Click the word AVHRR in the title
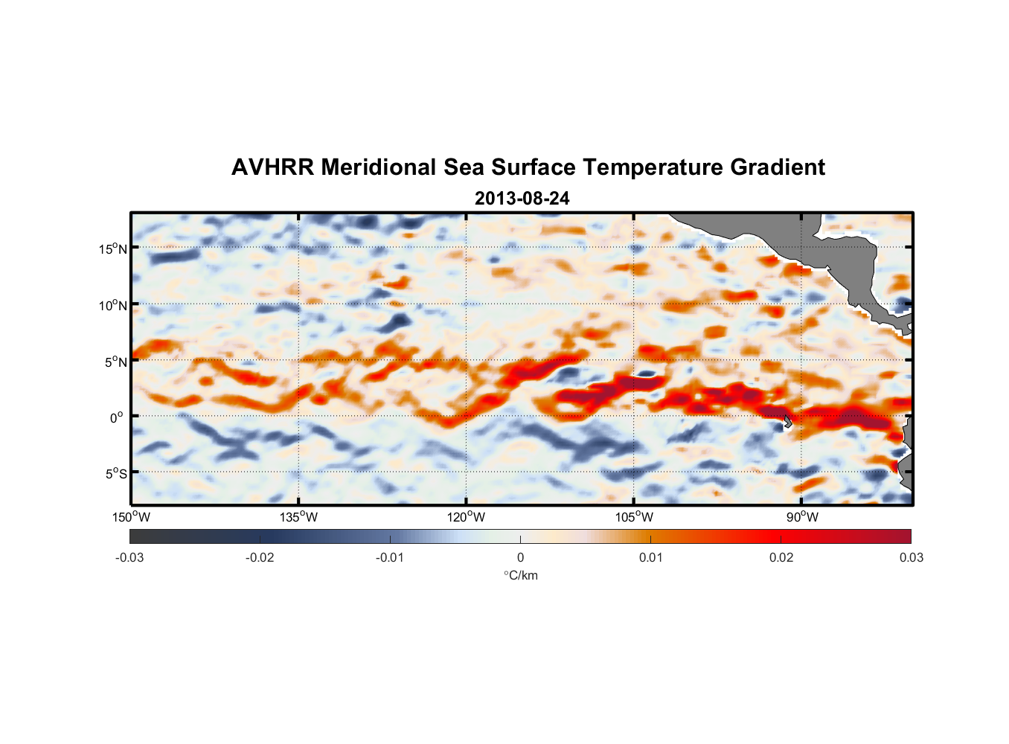[272, 167]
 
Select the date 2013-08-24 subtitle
[522, 199]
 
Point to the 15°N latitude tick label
[113, 248]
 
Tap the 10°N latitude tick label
[113, 305]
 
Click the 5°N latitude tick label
[115, 362]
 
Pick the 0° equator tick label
[117, 417]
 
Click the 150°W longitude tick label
[132, 517]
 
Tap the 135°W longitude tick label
[299, 517]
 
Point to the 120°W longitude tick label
[467, 517]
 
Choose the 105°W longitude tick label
[634, 517]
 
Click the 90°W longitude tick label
[802, 517]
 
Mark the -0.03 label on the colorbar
[129, 557]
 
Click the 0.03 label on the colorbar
[911, 557]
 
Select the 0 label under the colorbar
[520, 557]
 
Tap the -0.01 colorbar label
[390, 557]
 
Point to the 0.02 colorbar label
[781, 557]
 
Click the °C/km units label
[520, 575]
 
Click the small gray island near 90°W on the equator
[787, 421]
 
